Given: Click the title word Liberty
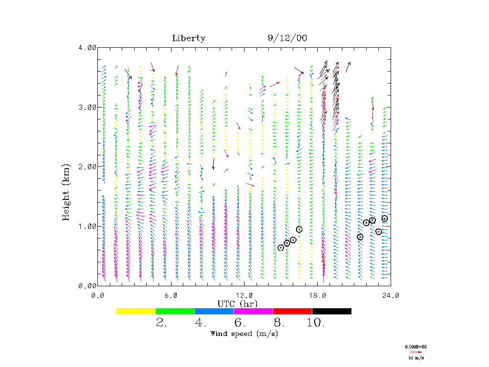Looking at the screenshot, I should [x=189, y=38].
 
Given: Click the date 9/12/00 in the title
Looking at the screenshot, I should [x=287, y=38].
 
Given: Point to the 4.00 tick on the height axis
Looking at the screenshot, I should [x=87, y=48].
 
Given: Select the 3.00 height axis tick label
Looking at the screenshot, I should [x=87, y=107].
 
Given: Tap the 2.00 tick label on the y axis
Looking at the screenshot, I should [x=87, y=167].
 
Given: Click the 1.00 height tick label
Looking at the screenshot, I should [x=87, y=226].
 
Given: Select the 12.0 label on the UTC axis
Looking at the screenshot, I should [x=244, y=295].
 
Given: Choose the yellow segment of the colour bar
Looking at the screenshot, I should [x=136, y=311].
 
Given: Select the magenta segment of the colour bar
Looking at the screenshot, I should [x=253, y=311].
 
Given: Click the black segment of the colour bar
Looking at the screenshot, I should [x=331, y=311].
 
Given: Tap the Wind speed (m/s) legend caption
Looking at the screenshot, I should [x=244, y=334].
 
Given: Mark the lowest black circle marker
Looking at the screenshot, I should [x=281, y=248].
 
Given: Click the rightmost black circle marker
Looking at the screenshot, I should [x=384, y=218].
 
